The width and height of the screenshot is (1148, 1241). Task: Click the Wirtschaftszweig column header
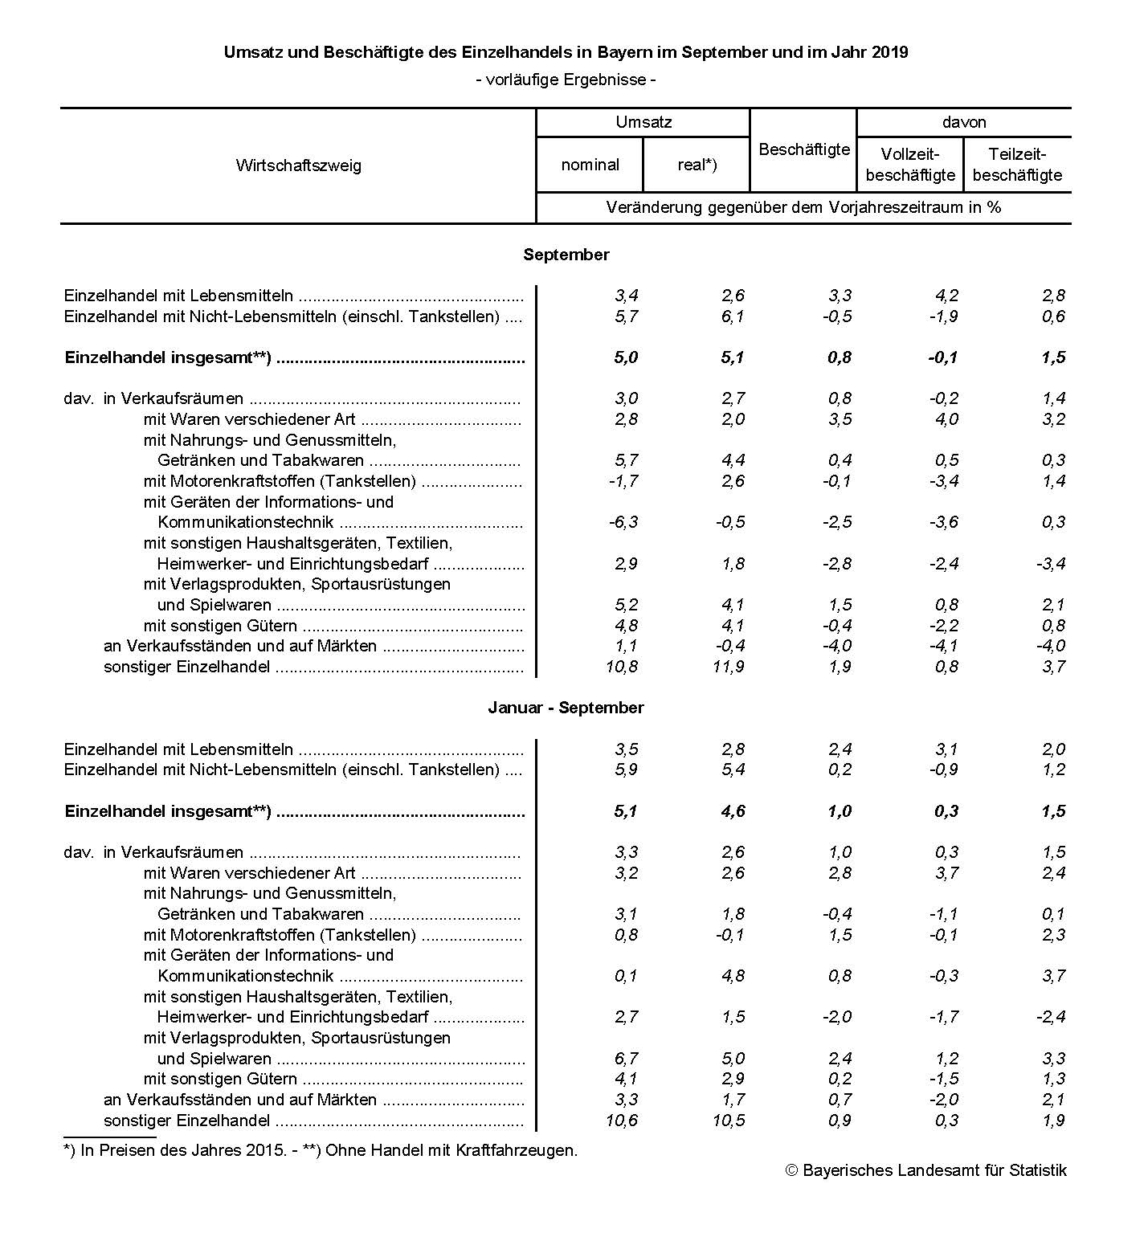click(x=298, y=165)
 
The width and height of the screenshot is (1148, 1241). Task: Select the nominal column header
click(x=590, y=165)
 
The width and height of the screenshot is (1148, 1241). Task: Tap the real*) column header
click(x=697, y=165)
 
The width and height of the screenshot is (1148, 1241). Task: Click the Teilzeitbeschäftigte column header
click(x=1017, y=165)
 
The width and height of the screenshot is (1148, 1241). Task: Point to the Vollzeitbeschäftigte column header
click(x=910, y=165)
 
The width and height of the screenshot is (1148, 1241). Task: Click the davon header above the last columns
click(x=963, y=123)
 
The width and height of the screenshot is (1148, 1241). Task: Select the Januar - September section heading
click(x=566, y=708)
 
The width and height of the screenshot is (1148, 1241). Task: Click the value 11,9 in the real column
click(x=728, y=667)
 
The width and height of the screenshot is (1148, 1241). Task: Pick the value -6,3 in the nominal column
click(x=623, y=523)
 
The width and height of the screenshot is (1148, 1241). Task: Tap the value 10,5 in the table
click(x=728, y=1121)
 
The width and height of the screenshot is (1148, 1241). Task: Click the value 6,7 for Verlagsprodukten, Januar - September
click(x=626, y=1059)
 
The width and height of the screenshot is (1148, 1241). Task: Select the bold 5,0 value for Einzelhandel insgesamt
click(x=625, y=357)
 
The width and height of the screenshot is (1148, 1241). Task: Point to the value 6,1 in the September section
click(x=732, y=316)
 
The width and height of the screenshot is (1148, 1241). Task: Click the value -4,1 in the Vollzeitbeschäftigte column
click(x=943, y=646)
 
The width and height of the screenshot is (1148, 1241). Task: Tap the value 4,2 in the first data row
click(x=946, y=296)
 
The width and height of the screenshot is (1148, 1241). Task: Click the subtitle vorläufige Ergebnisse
click(x=566, y=80)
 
